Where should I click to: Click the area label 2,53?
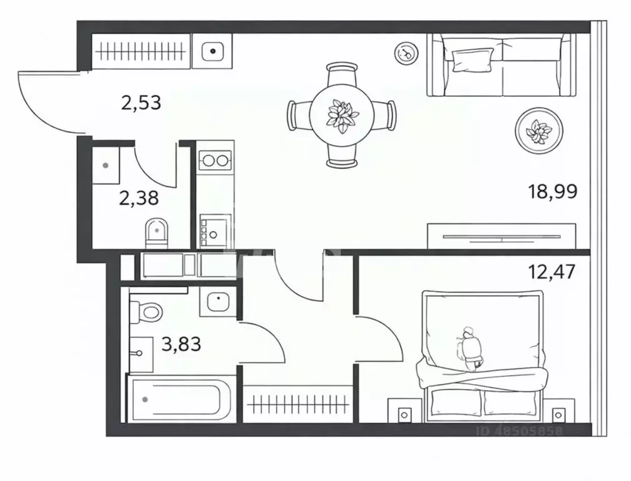point(141,102)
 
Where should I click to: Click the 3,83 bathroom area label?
point(181,343)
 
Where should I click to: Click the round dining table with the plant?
point(342,115)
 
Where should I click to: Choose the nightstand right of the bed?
point(559,414)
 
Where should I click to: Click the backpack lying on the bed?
point(470,348)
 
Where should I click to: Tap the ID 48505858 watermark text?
point(520,431)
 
